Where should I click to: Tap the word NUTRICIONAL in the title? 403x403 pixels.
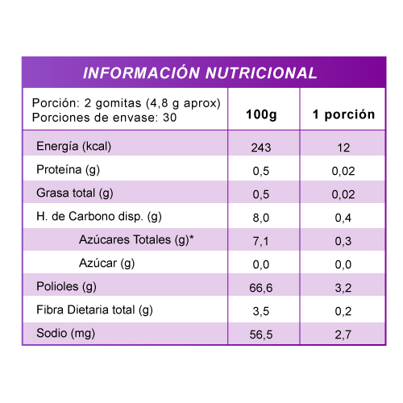click(x=261, y=73)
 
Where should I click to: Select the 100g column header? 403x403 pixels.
click(x=261, y=114)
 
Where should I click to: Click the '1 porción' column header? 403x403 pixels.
click(x=343, y=114)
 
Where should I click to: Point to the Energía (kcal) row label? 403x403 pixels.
click(x=73, y=147)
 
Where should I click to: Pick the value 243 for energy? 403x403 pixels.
click(x=261, y=147)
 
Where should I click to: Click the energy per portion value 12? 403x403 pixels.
click(x=343, y=147)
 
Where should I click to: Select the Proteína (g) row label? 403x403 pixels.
click(x=68, y=170)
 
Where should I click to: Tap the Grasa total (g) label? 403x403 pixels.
click(x=75, y=193)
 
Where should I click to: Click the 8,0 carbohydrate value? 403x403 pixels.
click(x=261, y=218)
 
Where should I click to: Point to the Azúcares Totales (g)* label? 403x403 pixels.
click(x=136, y=240)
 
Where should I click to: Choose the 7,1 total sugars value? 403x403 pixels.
click(x=260, y=241)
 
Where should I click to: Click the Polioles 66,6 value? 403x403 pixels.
click(x=261, y=288)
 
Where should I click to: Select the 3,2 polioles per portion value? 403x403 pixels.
click(x=343, y=288)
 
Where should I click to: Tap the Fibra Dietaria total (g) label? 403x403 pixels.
click(x=94, y=310)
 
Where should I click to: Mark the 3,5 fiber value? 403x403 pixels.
click(x=261, y=311)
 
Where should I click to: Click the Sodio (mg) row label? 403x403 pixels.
click(x=65, y=334)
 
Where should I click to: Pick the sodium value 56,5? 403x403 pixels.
click(x=261, y=334)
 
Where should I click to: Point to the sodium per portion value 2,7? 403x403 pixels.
click(x=343, y=334)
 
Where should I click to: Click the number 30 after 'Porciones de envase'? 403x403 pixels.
click(x=170, y=118)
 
